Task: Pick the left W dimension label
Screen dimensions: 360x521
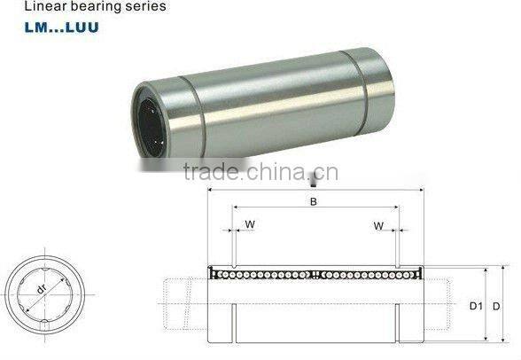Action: (x=250, y=224)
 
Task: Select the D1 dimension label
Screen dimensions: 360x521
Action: (x=475, y=306)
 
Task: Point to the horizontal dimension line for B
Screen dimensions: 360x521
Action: (x=315, y=210)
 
